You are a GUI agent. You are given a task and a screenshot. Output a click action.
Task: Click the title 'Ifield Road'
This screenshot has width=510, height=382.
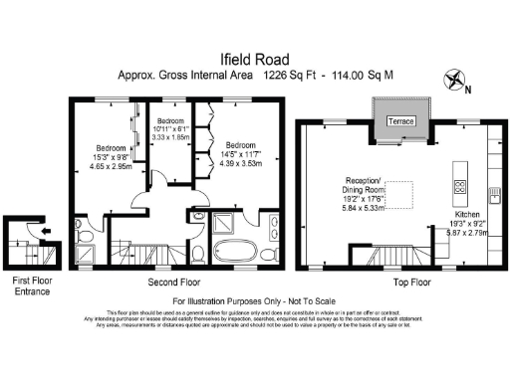254,59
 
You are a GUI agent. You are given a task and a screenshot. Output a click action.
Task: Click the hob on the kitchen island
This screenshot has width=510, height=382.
462,186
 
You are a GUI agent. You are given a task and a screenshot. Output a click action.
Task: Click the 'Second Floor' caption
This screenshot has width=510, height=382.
161,283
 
